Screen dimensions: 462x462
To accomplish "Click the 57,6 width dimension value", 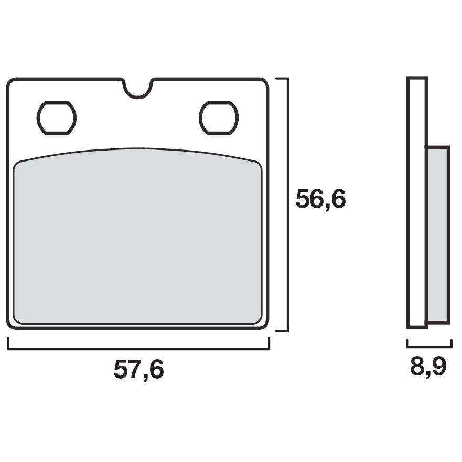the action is [138, 370].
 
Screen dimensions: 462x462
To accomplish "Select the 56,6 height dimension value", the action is [320, 199].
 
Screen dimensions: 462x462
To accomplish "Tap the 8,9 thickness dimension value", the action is [428, 367].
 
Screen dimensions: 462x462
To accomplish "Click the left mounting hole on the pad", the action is [57, 118].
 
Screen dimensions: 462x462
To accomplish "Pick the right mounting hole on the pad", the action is [219, 118].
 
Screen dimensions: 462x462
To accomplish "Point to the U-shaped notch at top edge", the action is [138, 96].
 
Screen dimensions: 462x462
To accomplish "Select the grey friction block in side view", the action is [438, 234].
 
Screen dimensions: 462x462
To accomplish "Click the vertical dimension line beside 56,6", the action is [287, 205].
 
